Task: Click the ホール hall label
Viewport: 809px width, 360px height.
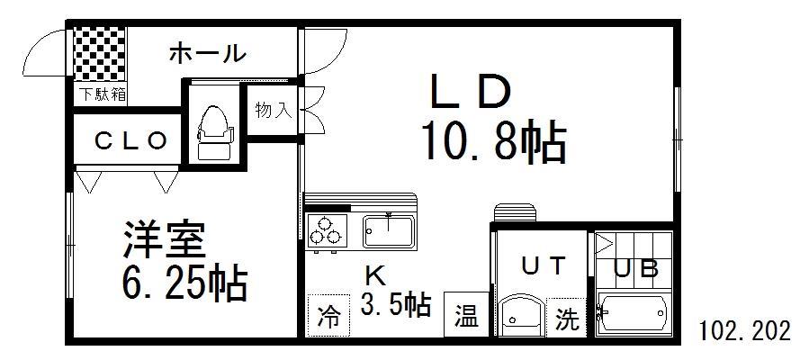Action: pos(207,54)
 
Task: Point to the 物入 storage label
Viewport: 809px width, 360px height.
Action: pos(273,111)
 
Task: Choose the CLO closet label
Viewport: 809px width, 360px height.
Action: pos(131,140)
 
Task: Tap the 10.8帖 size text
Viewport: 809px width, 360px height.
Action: pos(492,143)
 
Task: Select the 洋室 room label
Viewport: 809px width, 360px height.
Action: pos(165,239)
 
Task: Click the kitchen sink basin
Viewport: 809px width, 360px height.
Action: pos(389,230)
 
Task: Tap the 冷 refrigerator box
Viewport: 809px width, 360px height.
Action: pos(329,317)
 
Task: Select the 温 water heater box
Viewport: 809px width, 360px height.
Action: pos(465,317)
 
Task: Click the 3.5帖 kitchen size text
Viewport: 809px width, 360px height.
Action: pos(396,304)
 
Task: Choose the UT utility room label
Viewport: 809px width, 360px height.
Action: pos(545,265)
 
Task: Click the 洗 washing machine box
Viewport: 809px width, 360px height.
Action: pos(567,319)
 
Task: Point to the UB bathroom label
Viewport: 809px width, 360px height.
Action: pos(637,268)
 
